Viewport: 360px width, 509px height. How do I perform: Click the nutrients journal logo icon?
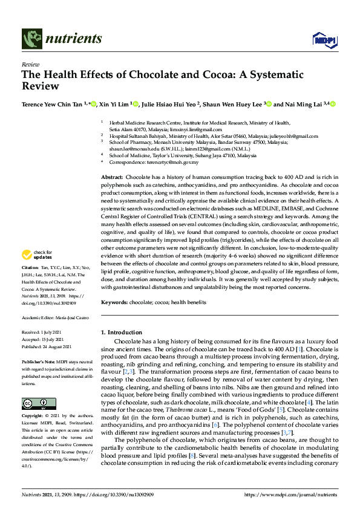tap(31, 39)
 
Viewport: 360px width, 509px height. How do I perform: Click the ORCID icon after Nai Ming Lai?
tap(333, 104)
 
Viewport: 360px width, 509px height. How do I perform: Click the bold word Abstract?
tap(112, 176)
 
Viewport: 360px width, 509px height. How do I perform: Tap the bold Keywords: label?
tap(114, 302)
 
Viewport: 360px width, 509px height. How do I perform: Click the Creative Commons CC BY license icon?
tap(30, 387)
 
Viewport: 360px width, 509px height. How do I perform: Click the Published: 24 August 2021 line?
tap(50, 346)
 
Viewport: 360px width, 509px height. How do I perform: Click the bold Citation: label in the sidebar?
tap(30, 284)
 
